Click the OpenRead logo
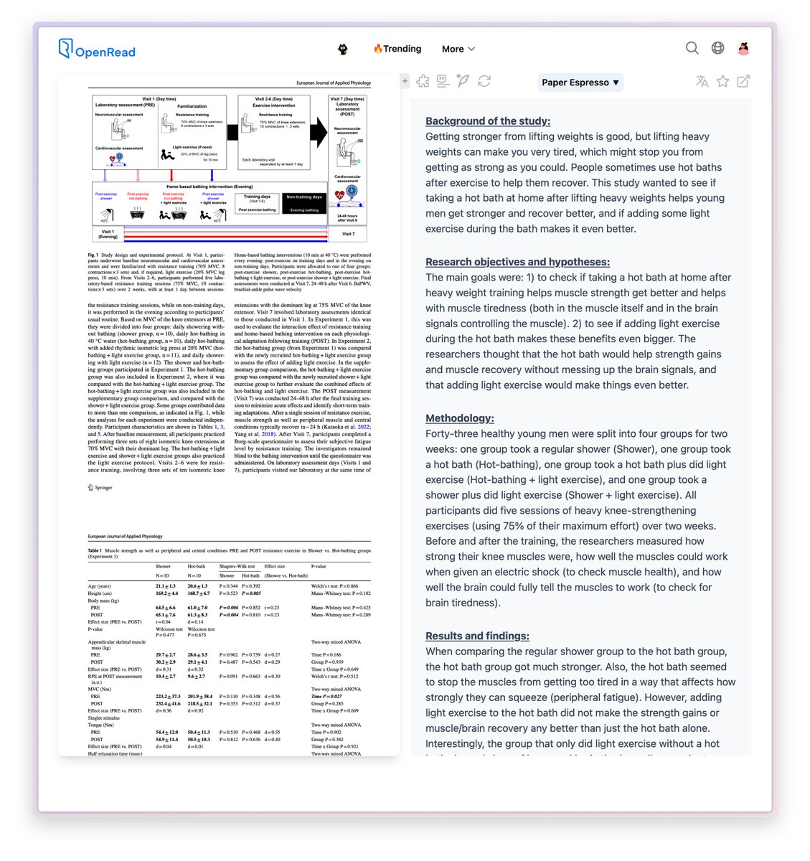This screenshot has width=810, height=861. [x=97, y=50]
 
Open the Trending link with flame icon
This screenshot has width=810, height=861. [x=397, y=49]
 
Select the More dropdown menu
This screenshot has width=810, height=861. [x=458, y=49]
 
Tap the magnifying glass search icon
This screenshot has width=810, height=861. [x=692, y=48]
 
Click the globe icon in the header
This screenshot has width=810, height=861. [x=717, y=48]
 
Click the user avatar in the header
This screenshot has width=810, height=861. [x=743, y=48]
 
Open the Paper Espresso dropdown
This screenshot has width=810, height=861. [x=580, y=83]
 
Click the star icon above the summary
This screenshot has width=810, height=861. [x=722, y=82]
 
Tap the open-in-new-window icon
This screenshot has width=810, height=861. [x=743, y=82]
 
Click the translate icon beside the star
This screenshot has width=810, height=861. [x=702, y=82]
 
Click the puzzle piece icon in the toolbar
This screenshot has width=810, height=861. [x=423, y=81]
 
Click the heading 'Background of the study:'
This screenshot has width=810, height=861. [x=488, y=121]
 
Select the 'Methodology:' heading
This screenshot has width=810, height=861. [x=459, y=418]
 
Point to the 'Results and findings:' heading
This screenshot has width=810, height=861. [x=477, y=636]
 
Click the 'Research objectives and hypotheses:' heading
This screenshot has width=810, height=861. [x=517, y=262]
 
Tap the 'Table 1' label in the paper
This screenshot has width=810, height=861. [x=95, y=550]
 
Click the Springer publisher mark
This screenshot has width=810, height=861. [x=100, y=487]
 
